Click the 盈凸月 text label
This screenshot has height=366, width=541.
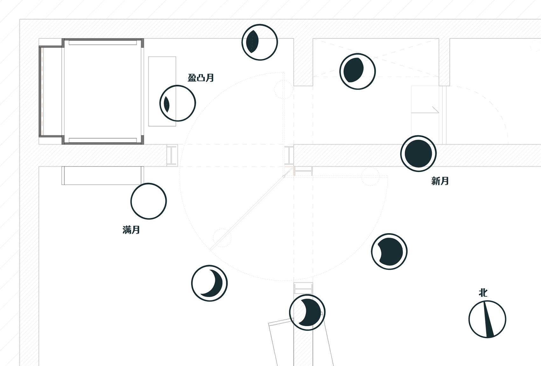pyautogui.click(x=201, y=78)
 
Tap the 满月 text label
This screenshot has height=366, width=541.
pyautogui.click(x=131, y=230)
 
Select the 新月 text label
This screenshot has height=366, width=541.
pyautogui.click(x=440, y=181)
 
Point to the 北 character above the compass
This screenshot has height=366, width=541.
pyautogui.click(x=483, y=293)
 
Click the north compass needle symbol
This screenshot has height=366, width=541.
pyautogui.click(x=487, y=319)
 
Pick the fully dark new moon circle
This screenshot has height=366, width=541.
pyautogui.click(x=418, y=154)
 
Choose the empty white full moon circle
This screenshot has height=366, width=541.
pyautogui.click(x=149, y=201)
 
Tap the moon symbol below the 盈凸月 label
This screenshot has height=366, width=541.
pyautogui.click(x=178, y=103)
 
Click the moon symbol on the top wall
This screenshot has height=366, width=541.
pyautogui.click(x=260, y=42)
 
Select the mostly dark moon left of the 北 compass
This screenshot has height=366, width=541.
pyautogui.click(x=389, y=251)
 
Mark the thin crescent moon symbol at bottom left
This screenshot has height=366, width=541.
pyautogui.click(x=209, y=283)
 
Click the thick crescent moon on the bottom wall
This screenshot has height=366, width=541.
pyautogui.click(x=307, y=312)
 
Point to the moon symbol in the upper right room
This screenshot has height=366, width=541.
pyautogui.click(x=357, y=71)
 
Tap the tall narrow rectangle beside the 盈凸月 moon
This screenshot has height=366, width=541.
pyautogui.click(x=162, y=91)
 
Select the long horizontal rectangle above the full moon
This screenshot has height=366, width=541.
pyautogui.click(x=103, y=176)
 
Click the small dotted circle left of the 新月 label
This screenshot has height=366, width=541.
pyautogui.click(x=370, y=176)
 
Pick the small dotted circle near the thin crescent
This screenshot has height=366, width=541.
pyautogui.click(x=222, y=238)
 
